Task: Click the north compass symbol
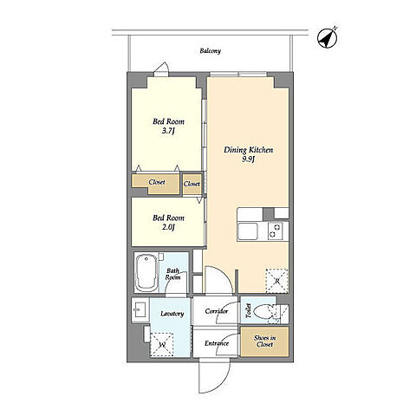(328, 38)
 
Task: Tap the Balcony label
(211, 51)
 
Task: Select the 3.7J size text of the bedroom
(168, 131)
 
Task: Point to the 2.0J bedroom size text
(168, 227)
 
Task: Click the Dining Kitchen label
(249, 150)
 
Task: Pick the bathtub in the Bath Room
(146, 272)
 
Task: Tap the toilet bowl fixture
(263, 312)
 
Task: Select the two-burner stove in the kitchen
(275, 231)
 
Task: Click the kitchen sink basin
(248, 231)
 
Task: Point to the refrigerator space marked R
(276, 280)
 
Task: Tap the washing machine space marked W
(162, 344)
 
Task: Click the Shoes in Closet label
(264, 341)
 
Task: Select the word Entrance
(217, 343)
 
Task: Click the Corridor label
(217, 311)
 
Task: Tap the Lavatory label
(172, 314)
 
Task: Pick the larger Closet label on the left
(157, 182)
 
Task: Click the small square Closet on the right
(192, 184)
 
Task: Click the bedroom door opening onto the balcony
(161, 69)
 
